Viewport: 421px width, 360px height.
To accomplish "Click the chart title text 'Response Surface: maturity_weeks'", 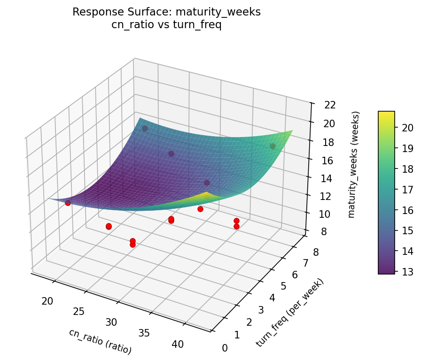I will coord(166,12).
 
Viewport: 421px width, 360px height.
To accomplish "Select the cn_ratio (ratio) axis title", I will coord(100,341).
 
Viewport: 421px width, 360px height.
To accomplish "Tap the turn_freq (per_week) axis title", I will coord(290,313).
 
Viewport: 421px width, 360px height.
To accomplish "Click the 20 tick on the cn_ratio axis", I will coord(47,301).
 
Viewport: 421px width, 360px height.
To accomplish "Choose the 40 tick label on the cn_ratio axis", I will coord(178,344).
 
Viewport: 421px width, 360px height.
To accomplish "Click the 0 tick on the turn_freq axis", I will coord(225,348).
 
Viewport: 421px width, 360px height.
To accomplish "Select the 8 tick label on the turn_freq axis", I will coord(315,253).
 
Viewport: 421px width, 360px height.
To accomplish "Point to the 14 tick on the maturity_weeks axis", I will coord(324,178).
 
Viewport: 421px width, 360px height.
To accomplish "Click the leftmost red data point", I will coord(68,203).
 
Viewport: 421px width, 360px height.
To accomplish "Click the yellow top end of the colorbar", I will coord(386,115).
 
